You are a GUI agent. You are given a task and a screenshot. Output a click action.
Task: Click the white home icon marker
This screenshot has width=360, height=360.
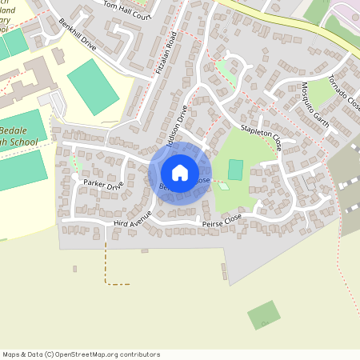tap(180, 172)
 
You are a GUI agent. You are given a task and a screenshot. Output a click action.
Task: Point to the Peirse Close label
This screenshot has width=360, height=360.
tap(222, 218)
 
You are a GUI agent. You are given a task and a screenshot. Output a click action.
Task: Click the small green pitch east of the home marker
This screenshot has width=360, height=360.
tap(235, 170)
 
